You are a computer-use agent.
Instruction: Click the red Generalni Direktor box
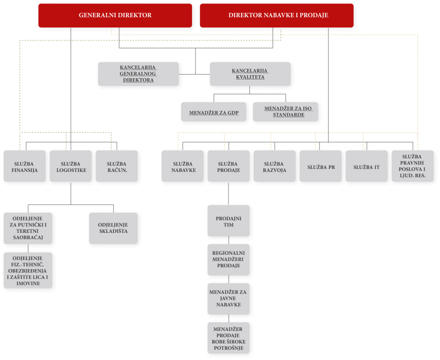[115, 15]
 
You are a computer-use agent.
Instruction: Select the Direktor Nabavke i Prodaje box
[277, 15]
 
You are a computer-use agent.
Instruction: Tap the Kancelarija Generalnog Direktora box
[138, 74]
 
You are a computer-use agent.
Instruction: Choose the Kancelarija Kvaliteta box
[250, 74]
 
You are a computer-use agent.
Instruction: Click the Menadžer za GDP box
[214, 112]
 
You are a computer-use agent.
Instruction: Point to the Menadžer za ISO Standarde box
[285, 112]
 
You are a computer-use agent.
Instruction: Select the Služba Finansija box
[24, 166]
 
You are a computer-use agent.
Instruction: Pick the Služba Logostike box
[71, 166]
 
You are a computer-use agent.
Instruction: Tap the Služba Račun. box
[117, 166]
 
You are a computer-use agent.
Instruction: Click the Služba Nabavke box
[183, 166]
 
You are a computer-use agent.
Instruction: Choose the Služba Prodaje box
[229, 166]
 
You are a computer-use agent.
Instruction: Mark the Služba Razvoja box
[275, 166]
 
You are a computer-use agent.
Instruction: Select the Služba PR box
[321, 166]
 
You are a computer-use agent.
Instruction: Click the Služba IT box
[367, 166]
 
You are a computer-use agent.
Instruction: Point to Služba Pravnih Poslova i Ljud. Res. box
[413, 166]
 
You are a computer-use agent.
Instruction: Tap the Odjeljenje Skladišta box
[113, 228]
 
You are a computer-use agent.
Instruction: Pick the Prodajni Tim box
[229, 220]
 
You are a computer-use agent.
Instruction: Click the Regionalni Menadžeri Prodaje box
[229, 259]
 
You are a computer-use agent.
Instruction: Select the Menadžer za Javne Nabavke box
[229, 299]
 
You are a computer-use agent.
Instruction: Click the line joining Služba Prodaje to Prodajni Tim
[229, 194]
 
